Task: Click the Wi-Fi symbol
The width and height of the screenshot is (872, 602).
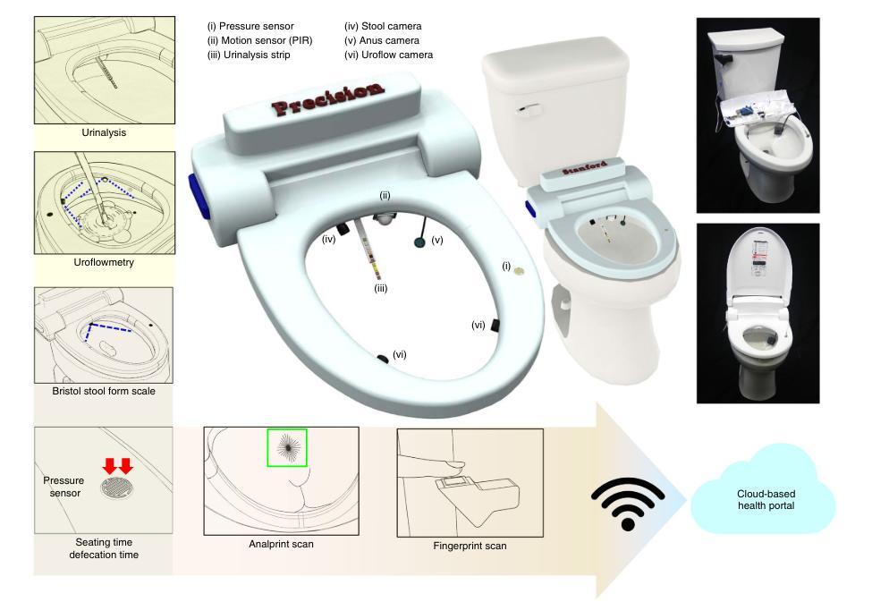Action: tap(628, 504)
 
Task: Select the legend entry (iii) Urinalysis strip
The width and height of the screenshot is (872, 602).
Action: tap(249, 55)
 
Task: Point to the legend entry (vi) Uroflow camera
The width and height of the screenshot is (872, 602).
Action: tap(388, 55)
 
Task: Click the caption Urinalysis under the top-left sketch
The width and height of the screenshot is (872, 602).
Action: tap(104, 132)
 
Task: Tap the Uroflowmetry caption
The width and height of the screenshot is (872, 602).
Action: tap(104, 262)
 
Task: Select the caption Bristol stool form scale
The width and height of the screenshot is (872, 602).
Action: tap(104, 391)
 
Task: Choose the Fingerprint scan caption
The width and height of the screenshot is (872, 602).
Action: tap(470, 546)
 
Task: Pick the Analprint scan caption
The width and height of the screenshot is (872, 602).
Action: tap(282, 544)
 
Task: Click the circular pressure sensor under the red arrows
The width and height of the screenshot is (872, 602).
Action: tap(117, 487)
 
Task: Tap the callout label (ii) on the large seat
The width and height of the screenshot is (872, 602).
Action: tap(385, 195)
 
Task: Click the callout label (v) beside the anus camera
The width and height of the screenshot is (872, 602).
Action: tap(437, 240)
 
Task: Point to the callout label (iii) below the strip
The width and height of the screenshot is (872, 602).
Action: tap(380, 288)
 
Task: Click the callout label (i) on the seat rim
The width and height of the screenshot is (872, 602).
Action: tap(506, 266)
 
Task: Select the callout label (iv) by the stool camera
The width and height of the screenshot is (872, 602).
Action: tap(329, 240)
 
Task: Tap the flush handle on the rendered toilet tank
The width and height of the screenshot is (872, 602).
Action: tap(529, 110)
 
